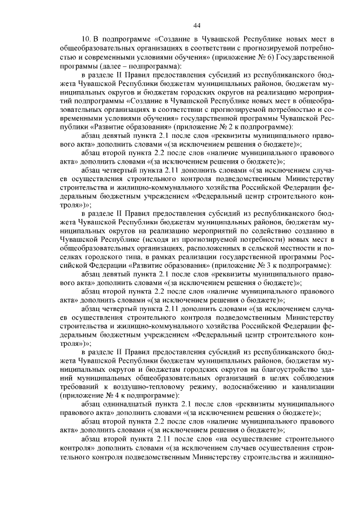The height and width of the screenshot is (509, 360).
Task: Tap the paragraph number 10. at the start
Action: (86, 39)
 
